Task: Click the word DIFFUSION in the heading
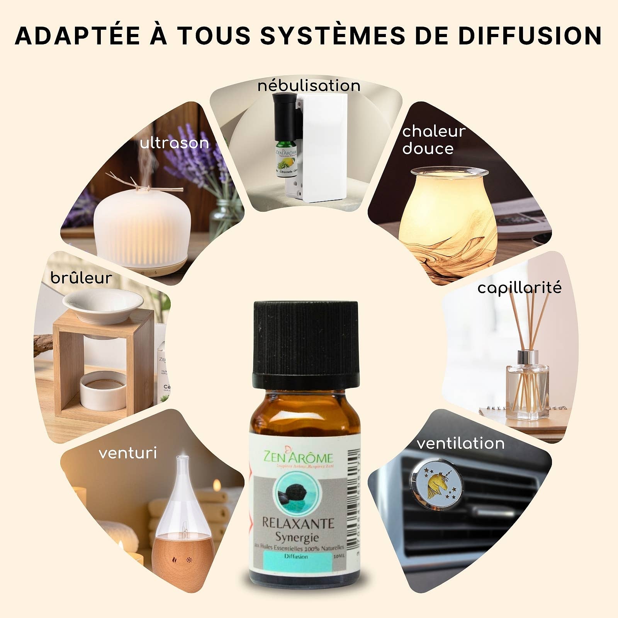[x=530, y=36]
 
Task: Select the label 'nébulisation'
[x=309, y=86]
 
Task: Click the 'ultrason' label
[x=174, y=143]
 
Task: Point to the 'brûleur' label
[x=81, y=278]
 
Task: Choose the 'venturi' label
[x=128, y=453]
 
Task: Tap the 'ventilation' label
[x=460, y=443]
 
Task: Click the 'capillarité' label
[x=519, y=288]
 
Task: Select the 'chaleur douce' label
[x=433, y=140]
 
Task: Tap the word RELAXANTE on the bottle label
[x=298, y=523]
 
